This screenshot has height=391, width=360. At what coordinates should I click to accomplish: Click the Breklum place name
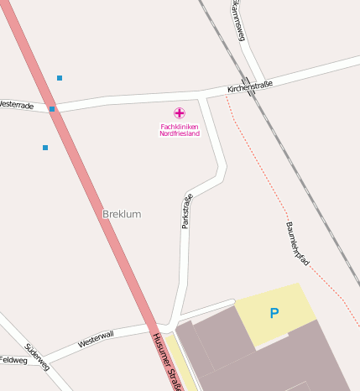[121, 214]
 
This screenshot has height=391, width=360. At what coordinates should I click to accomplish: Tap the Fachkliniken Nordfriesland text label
[180, 130]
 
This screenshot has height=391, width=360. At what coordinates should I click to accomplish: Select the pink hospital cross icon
[180, 112]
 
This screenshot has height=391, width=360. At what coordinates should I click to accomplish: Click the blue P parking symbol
[274, 314]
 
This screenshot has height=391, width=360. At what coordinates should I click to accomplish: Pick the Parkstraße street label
[187, 211]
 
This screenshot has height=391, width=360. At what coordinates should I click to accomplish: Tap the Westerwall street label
[95, 339]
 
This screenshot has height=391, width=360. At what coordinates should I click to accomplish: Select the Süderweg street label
[37, 357]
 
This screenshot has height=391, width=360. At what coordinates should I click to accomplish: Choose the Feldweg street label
[13, 360]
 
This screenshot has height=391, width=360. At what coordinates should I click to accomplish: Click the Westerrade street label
[17, 106]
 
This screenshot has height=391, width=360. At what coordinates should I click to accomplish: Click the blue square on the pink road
[52, 109]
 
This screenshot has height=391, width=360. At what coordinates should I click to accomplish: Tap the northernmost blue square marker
[60, 78]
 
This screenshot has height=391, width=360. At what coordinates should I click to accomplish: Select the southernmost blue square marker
[45, 148]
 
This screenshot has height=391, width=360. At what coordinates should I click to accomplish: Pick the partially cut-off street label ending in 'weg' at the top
[238, 22]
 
